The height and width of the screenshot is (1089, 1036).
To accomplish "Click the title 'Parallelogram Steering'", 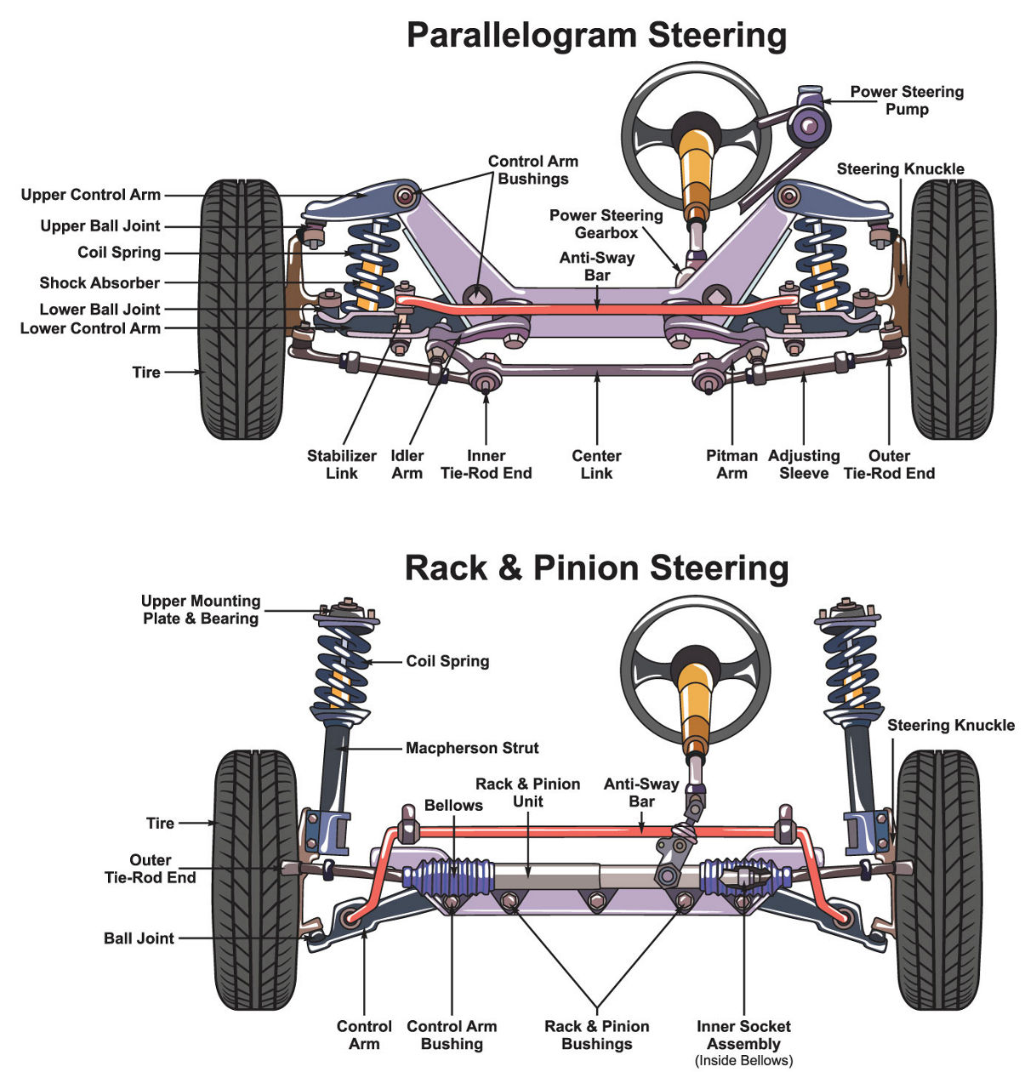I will tap(596, 36).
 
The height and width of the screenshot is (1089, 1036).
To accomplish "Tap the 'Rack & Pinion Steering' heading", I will tap(596, 567).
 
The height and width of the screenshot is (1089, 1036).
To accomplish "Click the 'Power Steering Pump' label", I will tap(907, 100).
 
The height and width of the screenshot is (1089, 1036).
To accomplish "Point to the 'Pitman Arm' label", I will tap(731, 465).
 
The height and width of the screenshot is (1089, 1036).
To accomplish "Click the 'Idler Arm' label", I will tap(407, 465).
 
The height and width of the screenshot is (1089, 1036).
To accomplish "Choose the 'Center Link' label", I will tap(596, 465).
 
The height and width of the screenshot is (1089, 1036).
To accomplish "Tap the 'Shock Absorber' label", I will tap(100, 283).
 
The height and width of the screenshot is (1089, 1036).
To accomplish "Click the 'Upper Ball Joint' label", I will tap(100, 226).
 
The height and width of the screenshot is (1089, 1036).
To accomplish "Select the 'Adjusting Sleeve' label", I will tap(804, 465).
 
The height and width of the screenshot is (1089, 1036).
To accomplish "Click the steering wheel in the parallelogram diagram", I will tap(696, 128).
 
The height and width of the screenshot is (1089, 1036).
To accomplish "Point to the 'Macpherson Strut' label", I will tap(472, 749).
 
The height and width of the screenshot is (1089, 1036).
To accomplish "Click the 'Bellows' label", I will tap(453, 806).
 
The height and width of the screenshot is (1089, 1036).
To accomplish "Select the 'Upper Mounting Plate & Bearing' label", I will tap(201, 610).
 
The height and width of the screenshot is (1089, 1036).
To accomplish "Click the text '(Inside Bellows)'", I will tap(743, 1061).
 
